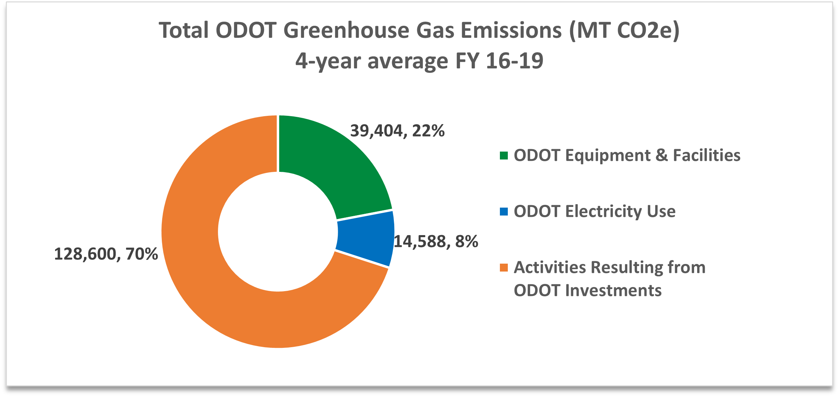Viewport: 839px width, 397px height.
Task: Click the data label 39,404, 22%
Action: pos(397,131)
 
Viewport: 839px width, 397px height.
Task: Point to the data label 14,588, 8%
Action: pos(436,242)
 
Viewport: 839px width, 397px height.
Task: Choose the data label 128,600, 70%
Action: pos(106,254)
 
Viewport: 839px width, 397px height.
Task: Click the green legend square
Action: pos(504,156)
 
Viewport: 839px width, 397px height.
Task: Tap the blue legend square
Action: pos(504,211)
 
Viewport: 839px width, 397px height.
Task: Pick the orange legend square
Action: pos(504,267)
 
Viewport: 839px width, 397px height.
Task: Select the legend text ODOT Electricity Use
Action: pos(595,211)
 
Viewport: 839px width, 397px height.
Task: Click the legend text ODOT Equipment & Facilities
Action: pos(627,155)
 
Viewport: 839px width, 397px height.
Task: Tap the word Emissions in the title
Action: pos(511,30)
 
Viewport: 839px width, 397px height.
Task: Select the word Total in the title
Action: pos(183,30)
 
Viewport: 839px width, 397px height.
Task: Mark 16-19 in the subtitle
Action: pos(515,61)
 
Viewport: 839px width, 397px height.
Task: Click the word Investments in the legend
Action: pos(613,290)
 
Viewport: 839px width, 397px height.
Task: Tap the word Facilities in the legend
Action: pos(706,155)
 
